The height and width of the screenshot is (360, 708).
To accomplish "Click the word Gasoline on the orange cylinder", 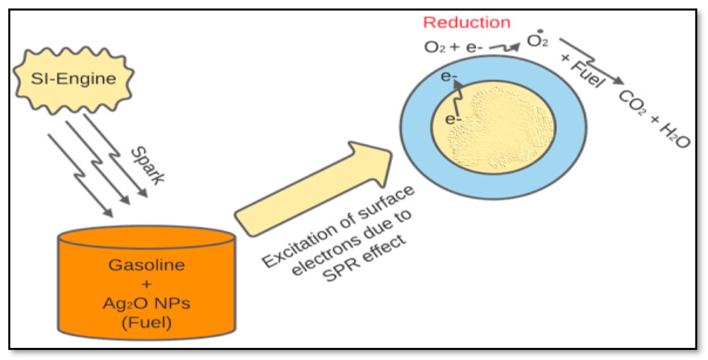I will tap(147, 265).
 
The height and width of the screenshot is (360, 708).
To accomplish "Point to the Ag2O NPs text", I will tap(147, 304).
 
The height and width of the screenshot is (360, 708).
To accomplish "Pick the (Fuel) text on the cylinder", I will tap(147, 322).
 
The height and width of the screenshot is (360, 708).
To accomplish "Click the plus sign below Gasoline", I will tap(147, 284).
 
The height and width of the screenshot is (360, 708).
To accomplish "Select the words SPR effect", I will tap(364, 259).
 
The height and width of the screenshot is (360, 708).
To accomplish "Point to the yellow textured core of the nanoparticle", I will tap(500, 129).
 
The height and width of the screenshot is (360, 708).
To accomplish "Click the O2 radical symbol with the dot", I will tap(537, 41).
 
